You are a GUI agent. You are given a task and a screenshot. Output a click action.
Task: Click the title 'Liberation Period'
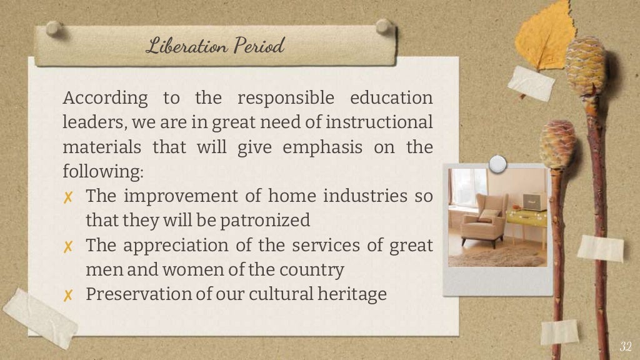click(215, 46)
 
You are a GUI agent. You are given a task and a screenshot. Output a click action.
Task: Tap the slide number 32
click(625, 347)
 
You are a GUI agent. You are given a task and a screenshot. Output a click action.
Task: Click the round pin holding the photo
click(497, 164)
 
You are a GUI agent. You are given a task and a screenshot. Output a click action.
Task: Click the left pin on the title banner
click(54, 27)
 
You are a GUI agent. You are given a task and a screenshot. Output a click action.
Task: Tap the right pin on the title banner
click(383, 26)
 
